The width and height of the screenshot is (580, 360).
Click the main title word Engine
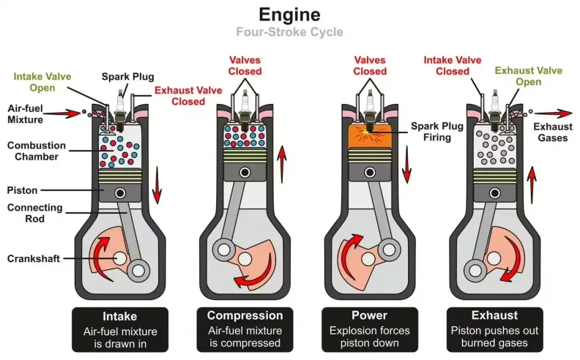pos(289,15)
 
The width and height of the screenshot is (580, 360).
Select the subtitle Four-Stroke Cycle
pos(289,32)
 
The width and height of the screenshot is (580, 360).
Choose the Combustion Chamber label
pos(37,151)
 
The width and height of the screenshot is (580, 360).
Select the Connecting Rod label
pos(37,214)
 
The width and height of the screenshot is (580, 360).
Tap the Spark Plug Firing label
pos(437,132)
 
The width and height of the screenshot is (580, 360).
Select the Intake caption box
pos(120,329)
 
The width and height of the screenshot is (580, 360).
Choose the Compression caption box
pos(245,329)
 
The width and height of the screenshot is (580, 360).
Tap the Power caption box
pos(370,329)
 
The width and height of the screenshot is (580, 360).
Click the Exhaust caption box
pos(495,329)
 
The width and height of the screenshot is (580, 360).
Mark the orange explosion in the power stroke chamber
pos(370,136)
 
